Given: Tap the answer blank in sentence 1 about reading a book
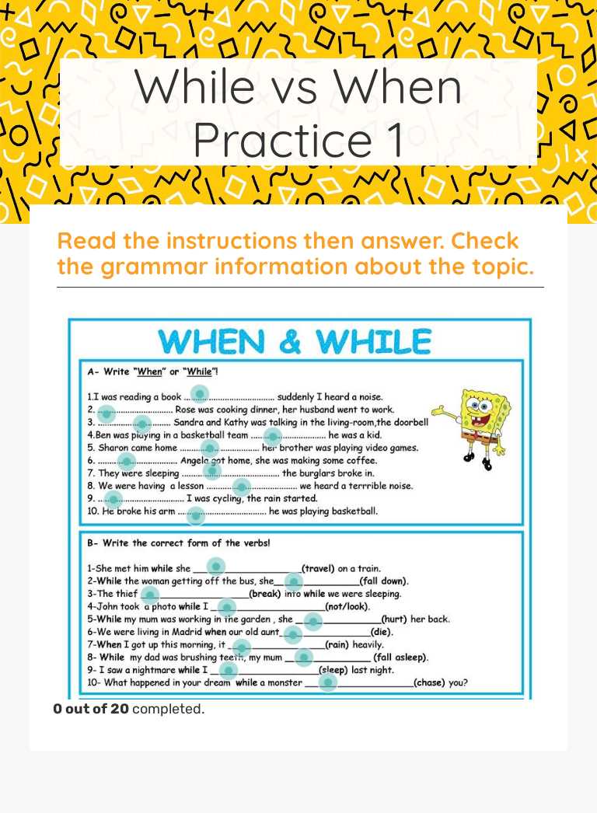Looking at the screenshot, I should click(200, 393).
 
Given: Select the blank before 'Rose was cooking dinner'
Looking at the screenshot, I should click(107, 413).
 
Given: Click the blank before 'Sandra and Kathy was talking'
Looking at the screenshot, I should click(141, 424).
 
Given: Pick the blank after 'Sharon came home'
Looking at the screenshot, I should click(209, 448).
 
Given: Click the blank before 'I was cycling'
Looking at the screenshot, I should click(113, 498).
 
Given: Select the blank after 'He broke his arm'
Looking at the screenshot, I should click(196, 514).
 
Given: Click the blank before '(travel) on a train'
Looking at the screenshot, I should click(215, 567).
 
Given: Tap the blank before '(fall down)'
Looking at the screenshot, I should click(293, 581).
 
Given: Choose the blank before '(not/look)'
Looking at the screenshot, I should click(226, 606).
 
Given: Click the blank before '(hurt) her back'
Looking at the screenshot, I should click(312, 620).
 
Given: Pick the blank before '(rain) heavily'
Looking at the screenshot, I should click(242, 647).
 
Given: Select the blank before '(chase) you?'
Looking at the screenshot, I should click(328, 682).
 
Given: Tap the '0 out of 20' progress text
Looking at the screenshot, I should click(91, 709).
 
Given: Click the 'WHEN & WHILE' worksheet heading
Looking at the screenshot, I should click(295, 341).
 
